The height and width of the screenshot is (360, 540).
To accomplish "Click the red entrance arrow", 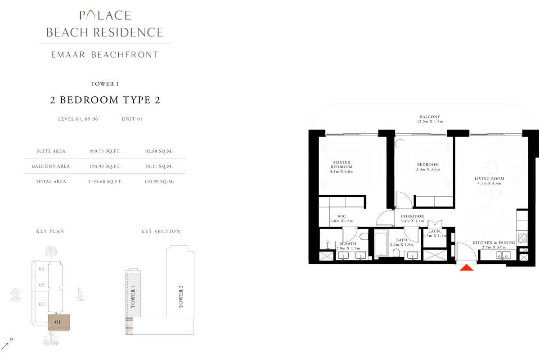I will [467, 267].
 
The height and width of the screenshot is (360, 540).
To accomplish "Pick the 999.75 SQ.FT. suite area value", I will [105, 152].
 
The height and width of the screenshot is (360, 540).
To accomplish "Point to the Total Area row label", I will [51, 182].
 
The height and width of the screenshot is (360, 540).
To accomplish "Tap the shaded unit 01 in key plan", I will [58, 322].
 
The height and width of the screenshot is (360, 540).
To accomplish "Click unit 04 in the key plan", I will [42, 269].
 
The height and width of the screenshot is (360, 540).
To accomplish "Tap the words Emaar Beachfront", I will [105, 55].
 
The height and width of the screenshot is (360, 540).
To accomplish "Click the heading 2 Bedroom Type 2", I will [105, 100].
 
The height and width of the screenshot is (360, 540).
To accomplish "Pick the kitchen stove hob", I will [523, 238].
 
